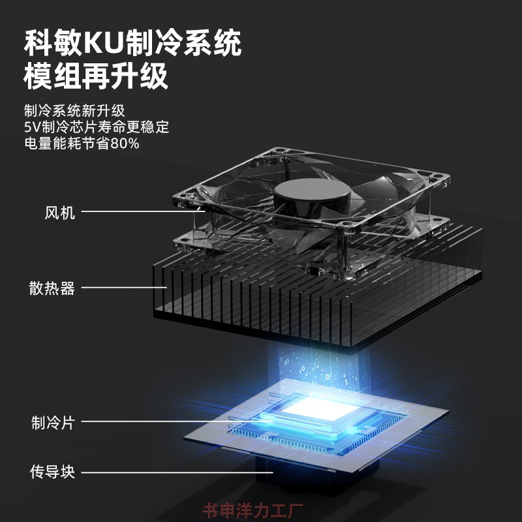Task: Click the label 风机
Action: click(x=60, y=213)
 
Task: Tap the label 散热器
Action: click(x=52, y=288)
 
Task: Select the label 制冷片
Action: click(x=53, y=422)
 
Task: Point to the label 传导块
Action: click(x=53, y=472)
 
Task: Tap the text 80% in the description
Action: click(x=125, y=144)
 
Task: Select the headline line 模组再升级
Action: click(x=96, y=76)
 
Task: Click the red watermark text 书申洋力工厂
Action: click(x=253, y=511)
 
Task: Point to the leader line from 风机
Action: click(x=143, y=211)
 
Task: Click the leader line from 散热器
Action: click(x=124, y=287)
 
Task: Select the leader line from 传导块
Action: click(x=177, y=472)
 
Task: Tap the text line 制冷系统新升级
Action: click(x=74, y=111)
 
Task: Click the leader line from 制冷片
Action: click(x=177, y=421)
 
